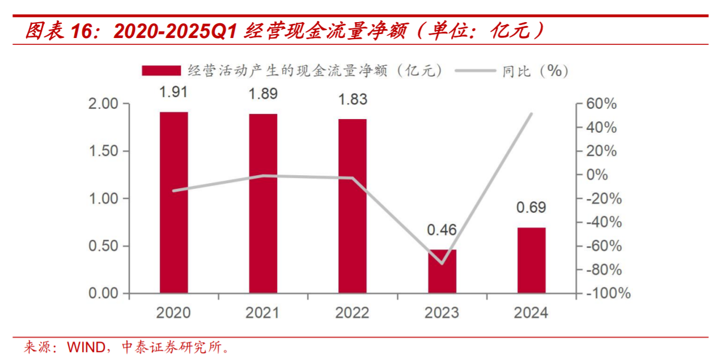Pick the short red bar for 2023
[442, 272]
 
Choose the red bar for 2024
[532, 260]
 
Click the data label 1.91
[173, 92]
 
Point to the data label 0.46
[442, 230]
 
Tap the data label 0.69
[531, 207]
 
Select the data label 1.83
[353, 99]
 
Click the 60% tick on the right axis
[601, 104]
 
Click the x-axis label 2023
[442, 313]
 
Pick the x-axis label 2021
[263, 313]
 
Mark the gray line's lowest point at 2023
[442, 264]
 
